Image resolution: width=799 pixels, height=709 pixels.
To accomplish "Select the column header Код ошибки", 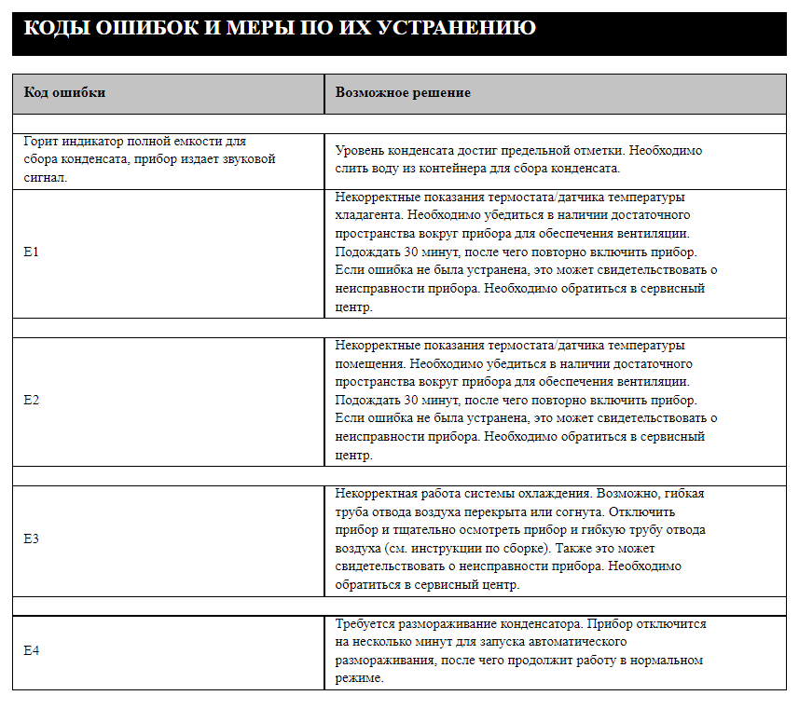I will pyautogui.click(x=64, y=93).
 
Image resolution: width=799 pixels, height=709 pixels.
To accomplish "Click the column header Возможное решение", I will pyautogui.click(x=403, y=93).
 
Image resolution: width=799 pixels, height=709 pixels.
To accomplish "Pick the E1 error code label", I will pyautogui.click(x=31, y=252).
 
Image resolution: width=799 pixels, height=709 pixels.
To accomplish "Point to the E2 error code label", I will pyautogui.click(x=31, y=401).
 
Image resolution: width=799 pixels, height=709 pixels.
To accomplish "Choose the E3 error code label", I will pyautogui.click(x=31, y=539).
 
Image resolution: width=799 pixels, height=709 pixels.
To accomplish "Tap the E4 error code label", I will pyautogui.click(x=31, y=651).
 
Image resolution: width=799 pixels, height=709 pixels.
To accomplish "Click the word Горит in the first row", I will pyautogui.click(x=42, y=142).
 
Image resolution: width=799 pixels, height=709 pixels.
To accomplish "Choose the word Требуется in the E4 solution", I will pyautogui.click(x=365, y=623).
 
